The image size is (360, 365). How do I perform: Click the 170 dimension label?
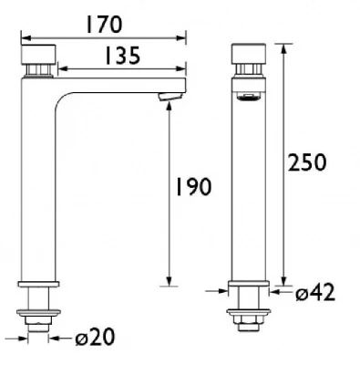[x=104, y=25]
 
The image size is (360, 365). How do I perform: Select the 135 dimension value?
[x=122, y=56]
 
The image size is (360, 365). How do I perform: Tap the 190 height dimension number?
[x=193, y=186]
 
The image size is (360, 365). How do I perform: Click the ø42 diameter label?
[x=315, y=293]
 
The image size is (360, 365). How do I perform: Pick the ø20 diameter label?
[x=95, y=337]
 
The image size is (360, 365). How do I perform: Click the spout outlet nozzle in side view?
[x=170, y=97]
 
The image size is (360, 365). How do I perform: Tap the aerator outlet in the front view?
[x=249, y=98]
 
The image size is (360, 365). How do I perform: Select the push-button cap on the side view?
[x=38, y=54]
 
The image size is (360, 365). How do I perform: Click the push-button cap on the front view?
[x=249, y=54]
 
